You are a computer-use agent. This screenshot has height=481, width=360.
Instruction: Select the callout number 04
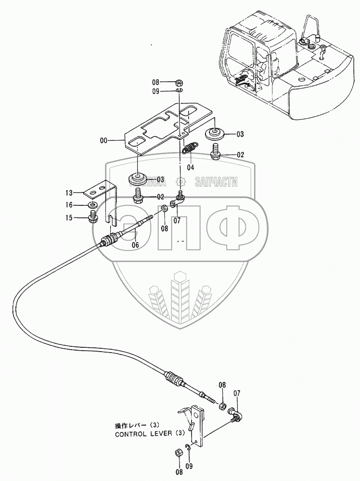[191, 167]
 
